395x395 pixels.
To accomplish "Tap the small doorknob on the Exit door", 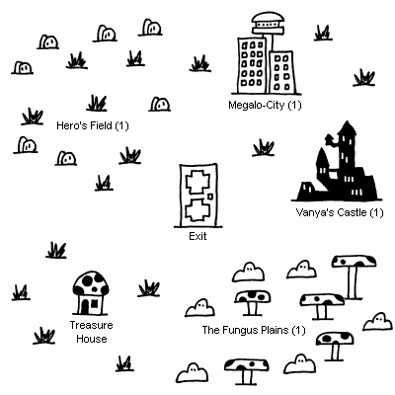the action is [x=210, y=197].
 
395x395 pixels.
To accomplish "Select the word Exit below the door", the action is [x=197, y=236].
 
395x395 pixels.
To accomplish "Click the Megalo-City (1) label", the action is [x=265, y=105].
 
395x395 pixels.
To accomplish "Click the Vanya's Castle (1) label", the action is [x=340, y=212].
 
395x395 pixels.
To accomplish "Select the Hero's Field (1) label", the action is [x=93, y=125].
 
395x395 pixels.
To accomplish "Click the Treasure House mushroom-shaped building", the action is [x=91, y=292].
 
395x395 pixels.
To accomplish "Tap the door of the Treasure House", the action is [x=85, y=306].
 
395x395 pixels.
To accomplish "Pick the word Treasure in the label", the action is [x=91, y=325].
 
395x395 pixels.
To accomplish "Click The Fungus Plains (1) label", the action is [x=254, y=330].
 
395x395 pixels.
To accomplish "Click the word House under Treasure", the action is [x=92, y=339].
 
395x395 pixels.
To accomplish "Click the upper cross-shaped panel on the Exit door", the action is [x=197, y=183].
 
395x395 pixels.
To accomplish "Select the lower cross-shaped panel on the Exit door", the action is [x=197, y=209].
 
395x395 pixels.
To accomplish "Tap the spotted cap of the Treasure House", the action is [x=91, y=282].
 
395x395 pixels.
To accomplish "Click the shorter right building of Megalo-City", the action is [x=281, y=72].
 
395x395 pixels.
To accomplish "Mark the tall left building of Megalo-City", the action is [x=252, y=65].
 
